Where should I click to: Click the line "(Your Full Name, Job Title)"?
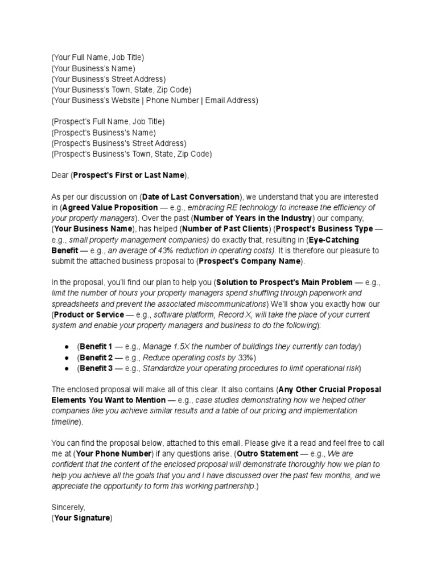coord(97,58)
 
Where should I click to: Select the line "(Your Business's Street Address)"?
coord(108,79)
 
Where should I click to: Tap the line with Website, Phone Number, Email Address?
coord(154,100)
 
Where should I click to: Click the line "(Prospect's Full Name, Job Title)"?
coord(108,122)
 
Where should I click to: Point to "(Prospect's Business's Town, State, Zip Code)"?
coord(131,154)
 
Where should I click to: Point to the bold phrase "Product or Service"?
coord(89,315)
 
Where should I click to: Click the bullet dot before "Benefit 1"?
coord(67,347)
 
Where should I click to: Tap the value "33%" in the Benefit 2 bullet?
coord(245,358)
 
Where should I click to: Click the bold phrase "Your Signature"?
coord(82,518)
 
